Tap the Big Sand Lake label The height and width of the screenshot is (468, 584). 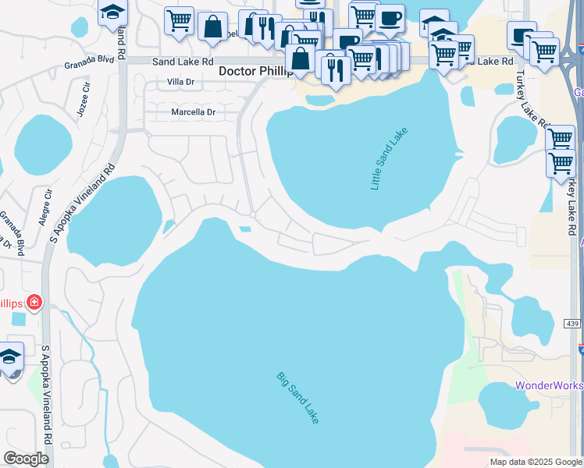tap(298, 398)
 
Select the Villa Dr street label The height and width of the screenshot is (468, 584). tap(180, 82)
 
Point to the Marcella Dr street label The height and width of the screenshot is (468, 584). tap(193, 112)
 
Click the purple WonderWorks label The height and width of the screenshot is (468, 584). tap(550, 386)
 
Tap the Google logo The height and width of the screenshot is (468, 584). tap(26, 459)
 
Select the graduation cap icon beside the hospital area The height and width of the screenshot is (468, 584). tap(9, 357)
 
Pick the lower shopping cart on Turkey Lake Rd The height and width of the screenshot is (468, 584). tap(561, 164)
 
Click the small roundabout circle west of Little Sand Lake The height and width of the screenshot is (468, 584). tap(253, 214)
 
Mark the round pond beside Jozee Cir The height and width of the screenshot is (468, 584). tap(44, 145)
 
